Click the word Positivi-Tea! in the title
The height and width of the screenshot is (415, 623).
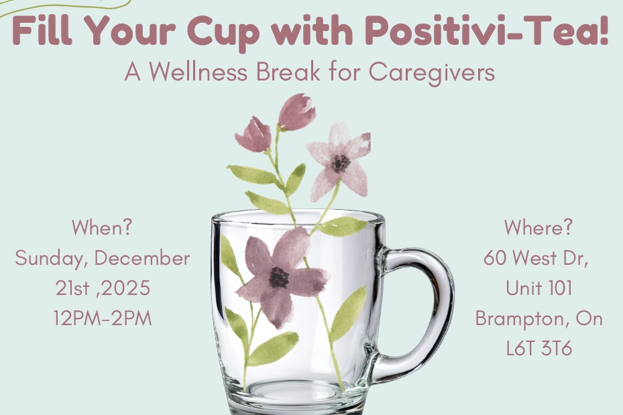tap(487, 32)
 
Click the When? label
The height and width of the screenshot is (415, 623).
tap(102, 227)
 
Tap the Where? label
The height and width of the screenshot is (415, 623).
tap(539, 227)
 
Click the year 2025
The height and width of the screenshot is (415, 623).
tap(125, 288)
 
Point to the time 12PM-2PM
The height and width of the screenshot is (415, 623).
tap(103, 318)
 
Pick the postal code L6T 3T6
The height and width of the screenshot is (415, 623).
tap(539, 349)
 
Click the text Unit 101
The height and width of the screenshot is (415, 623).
tap(539, 288)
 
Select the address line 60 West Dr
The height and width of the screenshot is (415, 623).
tap(536, 259)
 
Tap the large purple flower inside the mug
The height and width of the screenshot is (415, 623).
tap(280, 277)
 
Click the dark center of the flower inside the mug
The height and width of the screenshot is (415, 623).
tap(279, 277)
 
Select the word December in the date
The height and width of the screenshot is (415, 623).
tap(142, 259)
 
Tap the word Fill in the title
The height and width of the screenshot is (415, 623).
tap(42, 31)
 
